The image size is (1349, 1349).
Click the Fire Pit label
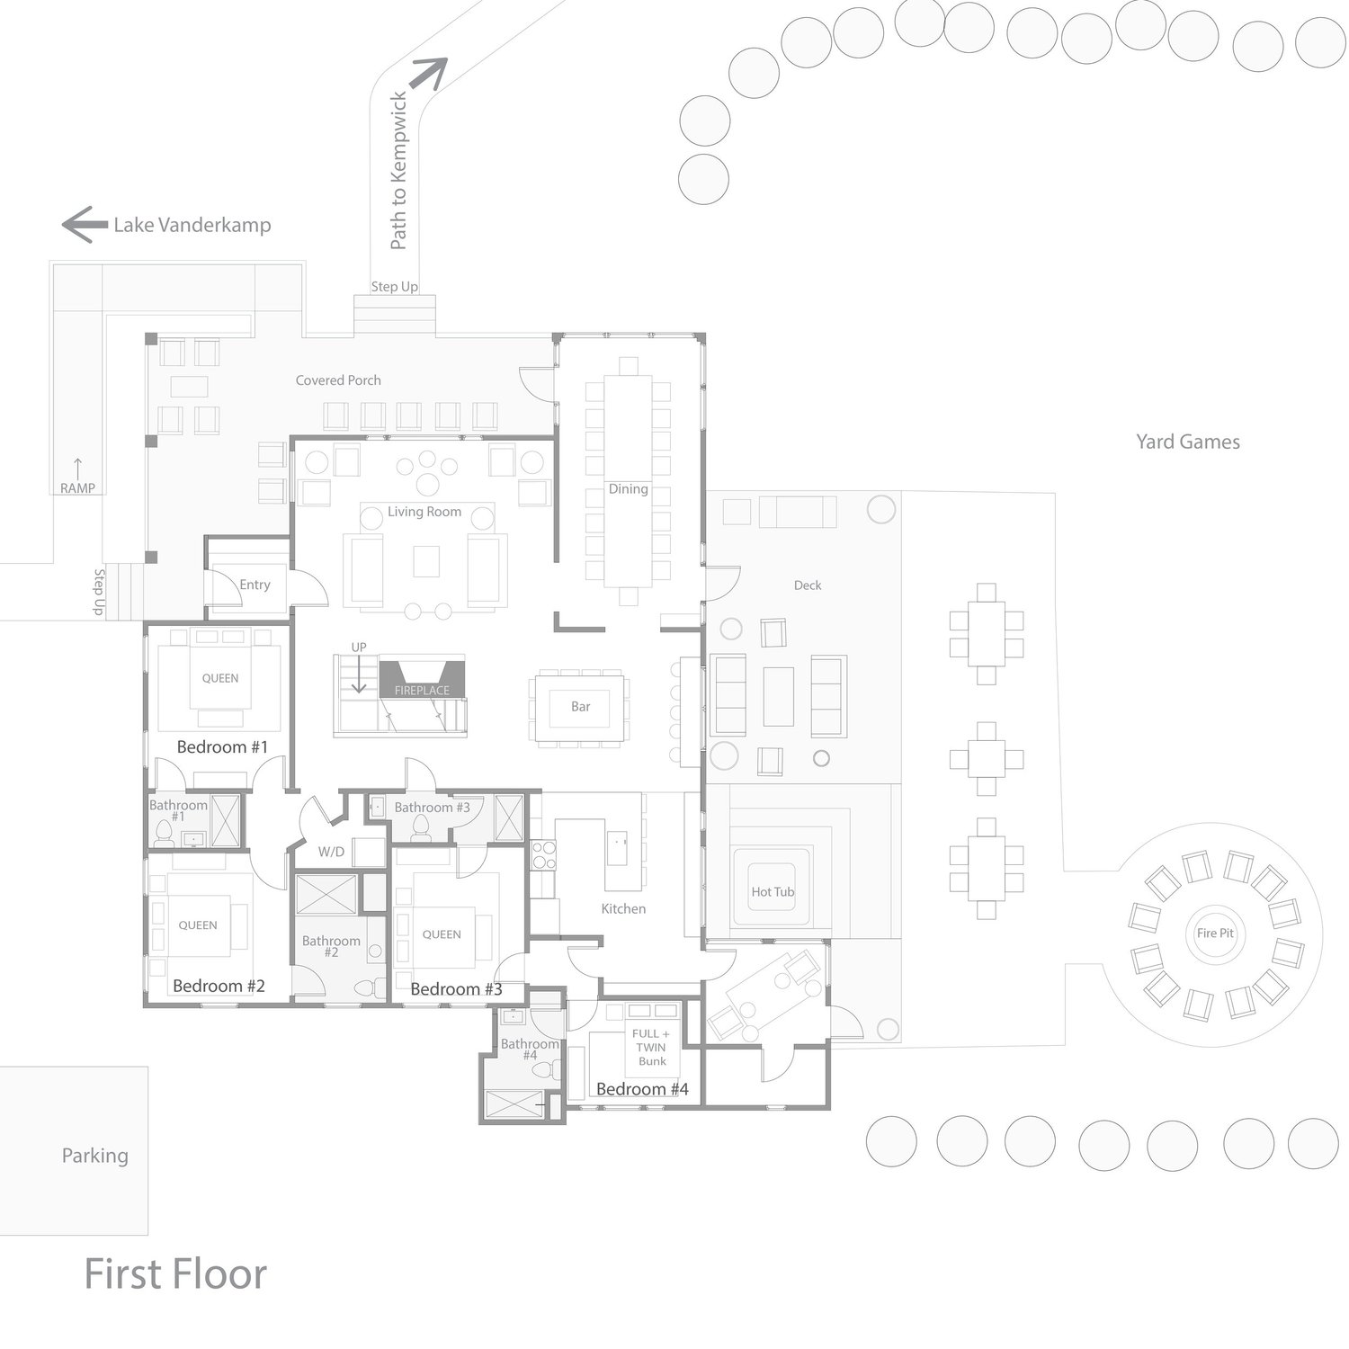click(1215, 934)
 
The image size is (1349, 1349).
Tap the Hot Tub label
click(773, 892)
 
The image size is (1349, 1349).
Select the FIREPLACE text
click(422, 691)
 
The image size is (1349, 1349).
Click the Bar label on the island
click(581, 707)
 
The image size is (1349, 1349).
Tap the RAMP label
click(77, 488)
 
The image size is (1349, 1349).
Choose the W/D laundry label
click(331, 852)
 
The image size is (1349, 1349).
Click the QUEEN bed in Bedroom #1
click(219, 678)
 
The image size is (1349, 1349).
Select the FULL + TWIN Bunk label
click(652, 1048)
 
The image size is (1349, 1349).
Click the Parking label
click(94, 1156)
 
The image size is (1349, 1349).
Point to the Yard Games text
click(1187, 442)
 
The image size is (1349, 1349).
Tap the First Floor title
click(175, 1274)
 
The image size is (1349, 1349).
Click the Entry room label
click(255, 585)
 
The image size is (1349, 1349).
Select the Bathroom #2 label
click(331, 946)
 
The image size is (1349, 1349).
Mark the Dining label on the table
click(628, 489)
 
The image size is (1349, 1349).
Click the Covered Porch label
click(338, 380)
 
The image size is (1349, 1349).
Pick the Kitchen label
click(623, 909)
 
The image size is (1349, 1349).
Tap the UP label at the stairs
click(359, 648)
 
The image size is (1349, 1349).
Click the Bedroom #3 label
click(456, 989)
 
